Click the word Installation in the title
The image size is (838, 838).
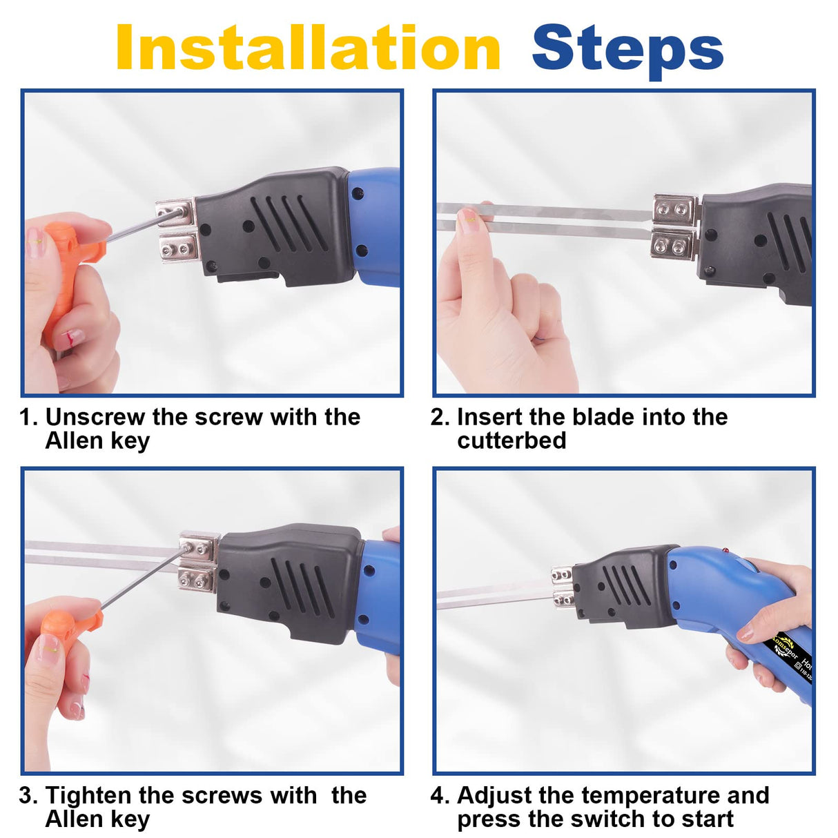307,48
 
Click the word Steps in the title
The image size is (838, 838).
627,48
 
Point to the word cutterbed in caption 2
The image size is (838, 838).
511,440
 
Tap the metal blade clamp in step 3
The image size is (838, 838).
198,562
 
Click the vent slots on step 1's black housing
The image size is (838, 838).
289,223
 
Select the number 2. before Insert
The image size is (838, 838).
440,417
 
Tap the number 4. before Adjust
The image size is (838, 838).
440,795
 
